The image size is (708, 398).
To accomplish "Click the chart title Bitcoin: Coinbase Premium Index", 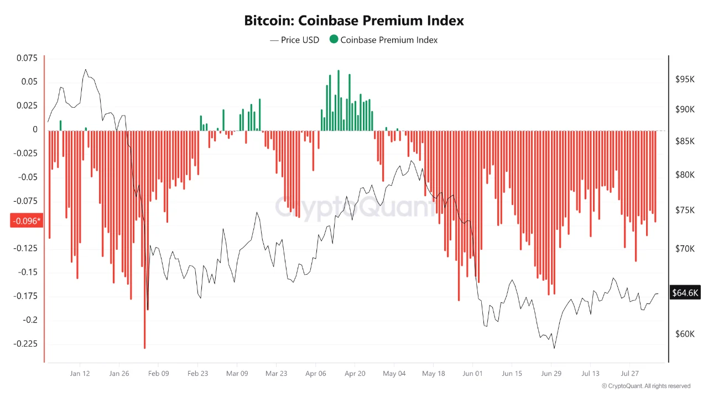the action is coord(353,21).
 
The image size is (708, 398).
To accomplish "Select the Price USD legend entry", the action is coord(295,40).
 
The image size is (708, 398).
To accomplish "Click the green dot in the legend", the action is coord(334,39).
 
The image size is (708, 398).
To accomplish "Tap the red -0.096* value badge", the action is coord(27,221).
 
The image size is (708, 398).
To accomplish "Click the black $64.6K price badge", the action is coord(685,292).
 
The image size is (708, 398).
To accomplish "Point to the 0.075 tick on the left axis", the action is coord(27,58).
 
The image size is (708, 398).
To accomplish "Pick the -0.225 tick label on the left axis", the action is coord(25,343).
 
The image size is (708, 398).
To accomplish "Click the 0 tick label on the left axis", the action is coord(35,129).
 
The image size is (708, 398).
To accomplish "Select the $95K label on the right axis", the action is coord(685,79).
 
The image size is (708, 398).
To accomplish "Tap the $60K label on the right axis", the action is coord(685,334).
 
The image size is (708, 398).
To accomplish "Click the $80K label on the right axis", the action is coord(685,175).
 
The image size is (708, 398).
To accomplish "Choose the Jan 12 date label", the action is coord(80,373).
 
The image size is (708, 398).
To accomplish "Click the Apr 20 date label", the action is coord(355,373).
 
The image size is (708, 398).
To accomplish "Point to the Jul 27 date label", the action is coord(629,373).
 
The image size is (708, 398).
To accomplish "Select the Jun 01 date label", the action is coord(472,373).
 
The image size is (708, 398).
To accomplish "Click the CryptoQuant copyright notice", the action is coord(646,386).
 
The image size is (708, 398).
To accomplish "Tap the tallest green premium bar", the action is coord(339,101).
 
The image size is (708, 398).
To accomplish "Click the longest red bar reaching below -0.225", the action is coord(145,240).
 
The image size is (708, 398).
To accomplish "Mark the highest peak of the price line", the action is coord(86,70).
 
